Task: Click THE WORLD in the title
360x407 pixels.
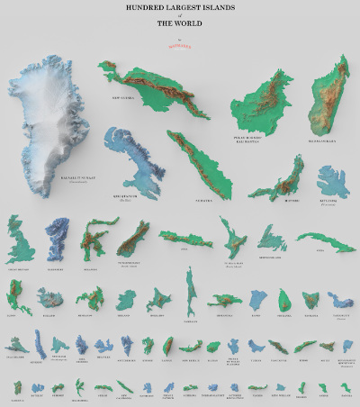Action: click(179, 23)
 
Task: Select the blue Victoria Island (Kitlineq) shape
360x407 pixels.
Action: click(334, 181)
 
